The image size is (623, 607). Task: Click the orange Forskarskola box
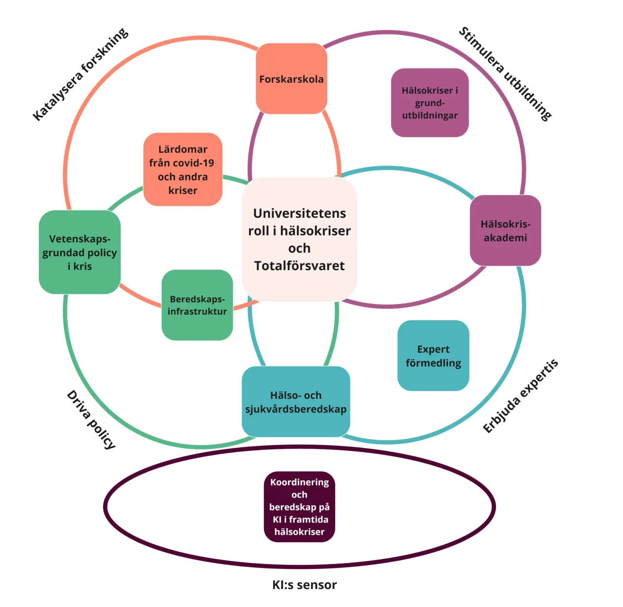click(291, 79)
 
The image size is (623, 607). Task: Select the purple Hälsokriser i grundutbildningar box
click(430, 102)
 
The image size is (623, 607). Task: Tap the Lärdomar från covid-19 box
click(183, 169)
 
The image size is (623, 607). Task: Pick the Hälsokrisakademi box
click(505, 231)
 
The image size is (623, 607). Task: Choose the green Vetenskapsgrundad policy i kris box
click(80, 252)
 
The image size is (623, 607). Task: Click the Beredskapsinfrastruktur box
click(197, 305)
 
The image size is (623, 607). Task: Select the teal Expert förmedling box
click(433, 356)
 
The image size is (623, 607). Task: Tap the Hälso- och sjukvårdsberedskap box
click(296, 402)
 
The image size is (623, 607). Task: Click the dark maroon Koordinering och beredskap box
click(299, 507)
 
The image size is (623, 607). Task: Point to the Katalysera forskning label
click(81, 75)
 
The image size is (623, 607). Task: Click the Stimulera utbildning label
click(505, 74)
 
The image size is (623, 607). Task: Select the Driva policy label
click(91, 419)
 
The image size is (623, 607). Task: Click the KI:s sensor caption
click(304, 585)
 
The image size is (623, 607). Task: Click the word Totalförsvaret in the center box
click(299, 266)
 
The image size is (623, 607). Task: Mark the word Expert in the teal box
click(433, 349)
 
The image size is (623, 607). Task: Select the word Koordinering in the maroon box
click(299, 482)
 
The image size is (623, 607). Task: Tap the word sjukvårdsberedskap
click(296, 409)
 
